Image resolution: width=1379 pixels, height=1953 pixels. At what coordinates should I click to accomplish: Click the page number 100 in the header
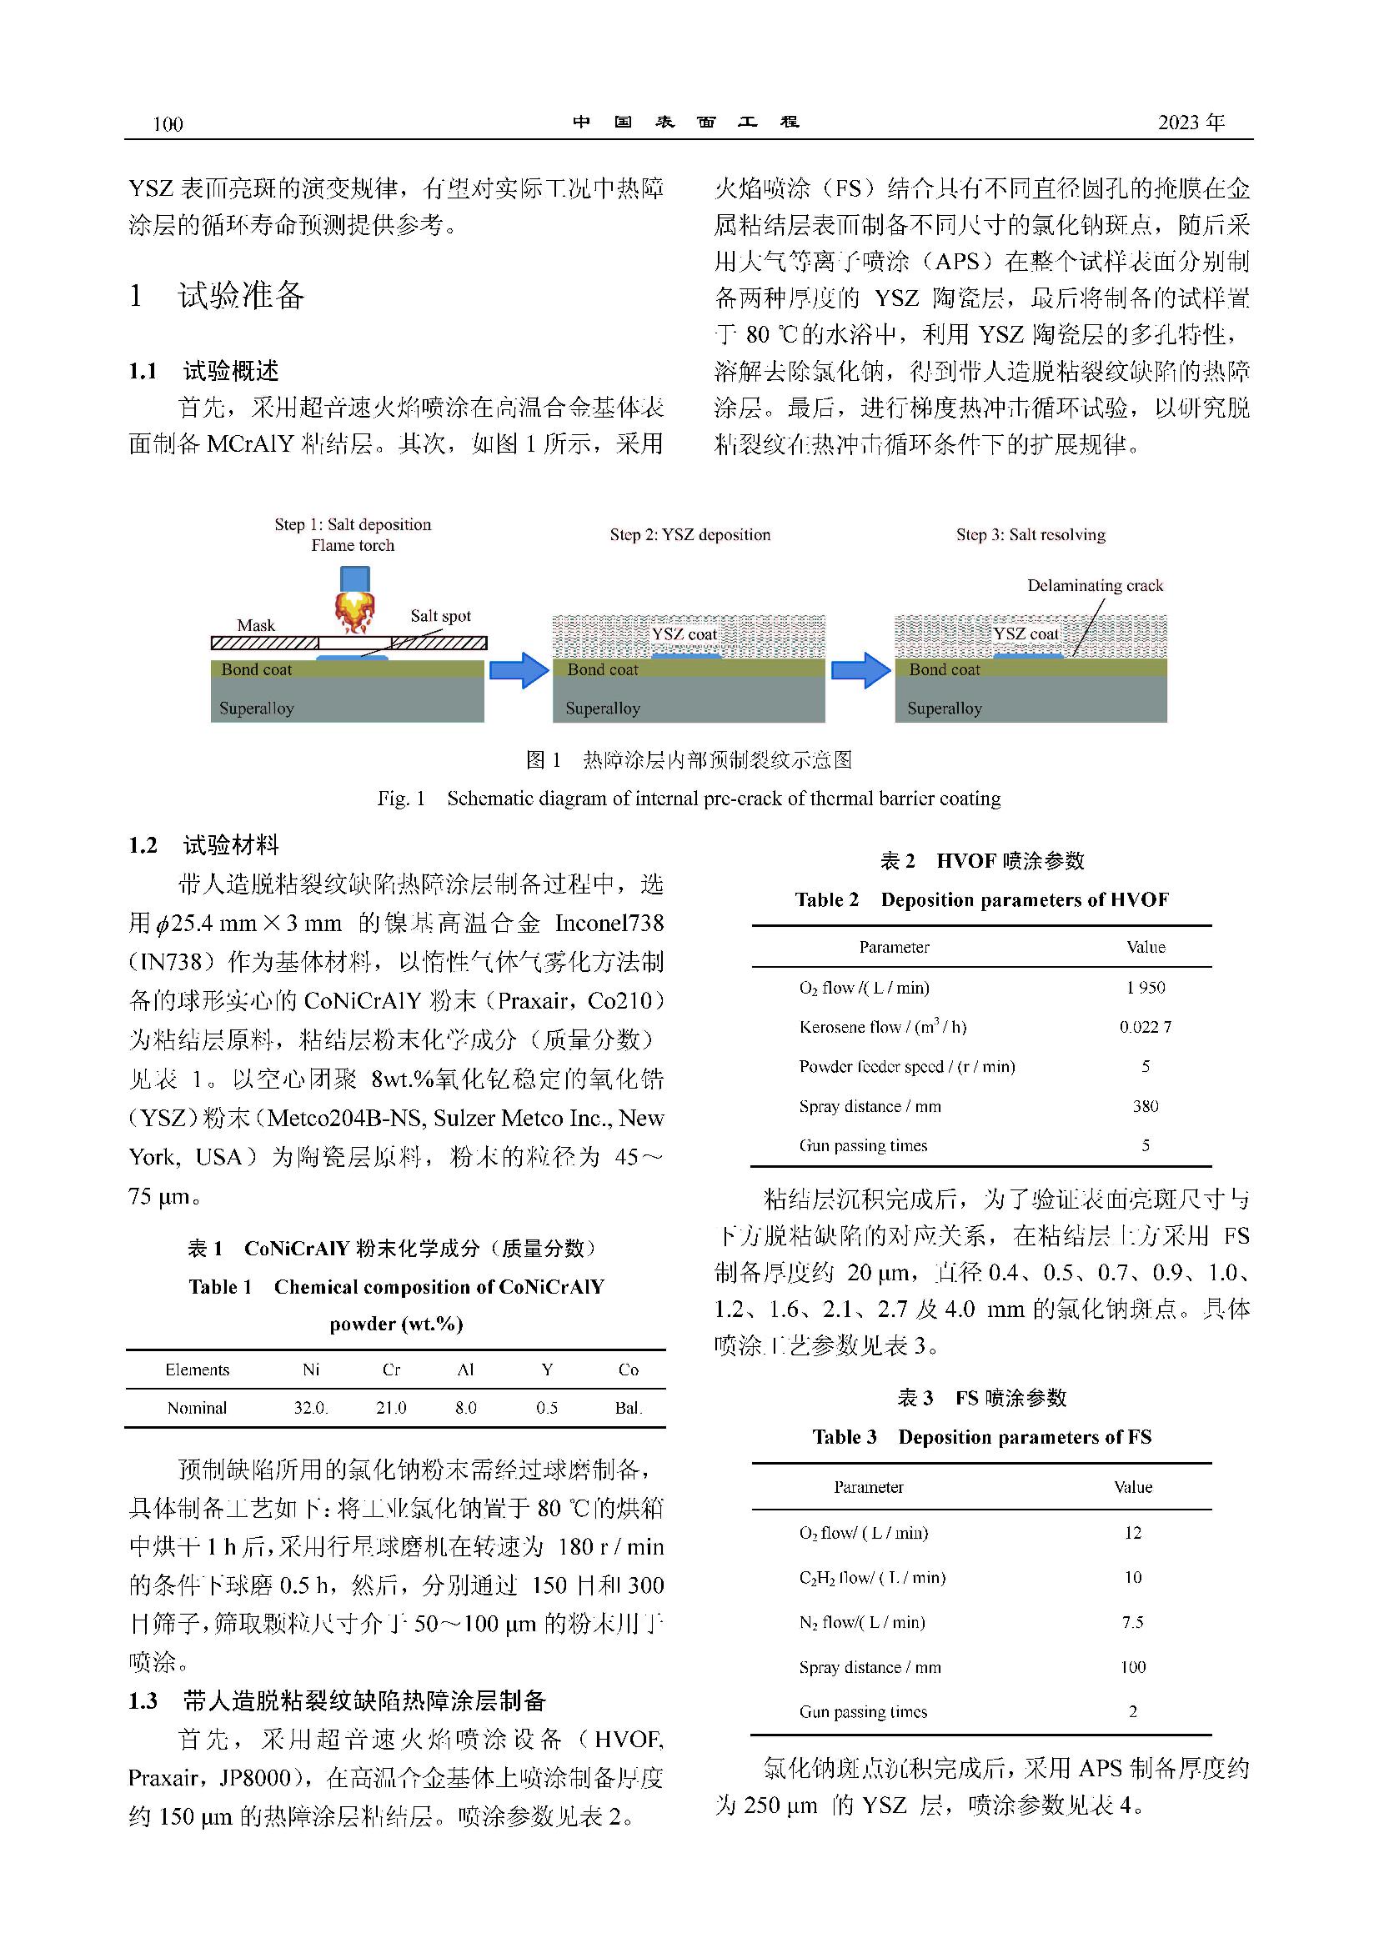[x=168, y=124]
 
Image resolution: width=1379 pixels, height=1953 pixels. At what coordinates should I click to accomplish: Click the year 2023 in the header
[x=1179, y=123]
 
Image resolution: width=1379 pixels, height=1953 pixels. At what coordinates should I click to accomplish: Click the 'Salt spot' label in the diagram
[x=440, y=616]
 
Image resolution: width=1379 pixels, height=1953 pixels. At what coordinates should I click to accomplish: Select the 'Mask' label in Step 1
[x=255, y=625]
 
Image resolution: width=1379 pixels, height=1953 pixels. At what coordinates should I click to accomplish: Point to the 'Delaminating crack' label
[x=1094, y=585]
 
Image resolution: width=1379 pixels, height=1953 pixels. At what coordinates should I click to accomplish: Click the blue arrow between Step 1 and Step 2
[x=519, y=670]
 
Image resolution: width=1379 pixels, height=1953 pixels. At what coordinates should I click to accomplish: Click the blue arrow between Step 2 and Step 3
[x=860, y=670]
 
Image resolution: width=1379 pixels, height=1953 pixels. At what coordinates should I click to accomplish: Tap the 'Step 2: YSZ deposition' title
[x=690, y=535]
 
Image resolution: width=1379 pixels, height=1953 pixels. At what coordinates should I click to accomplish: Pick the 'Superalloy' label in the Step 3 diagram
[x=944, y=709]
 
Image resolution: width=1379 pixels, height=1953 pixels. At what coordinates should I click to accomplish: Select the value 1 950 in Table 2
[x=1145, y=988]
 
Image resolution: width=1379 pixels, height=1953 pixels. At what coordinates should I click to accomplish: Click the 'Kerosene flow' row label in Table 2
[x=882, y=1027]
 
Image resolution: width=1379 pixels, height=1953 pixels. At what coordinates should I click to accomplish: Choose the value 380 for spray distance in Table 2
[x=1145, y=1106]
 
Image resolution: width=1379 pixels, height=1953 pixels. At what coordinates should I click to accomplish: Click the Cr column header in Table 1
[x=390, y=1370]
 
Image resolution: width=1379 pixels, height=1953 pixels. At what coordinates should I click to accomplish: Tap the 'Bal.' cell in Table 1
[x=628, y=1408]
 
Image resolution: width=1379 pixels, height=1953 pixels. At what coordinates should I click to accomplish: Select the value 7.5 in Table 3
[x=1132, y=1622]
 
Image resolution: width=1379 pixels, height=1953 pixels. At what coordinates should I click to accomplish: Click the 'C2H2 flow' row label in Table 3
[x=872, y=1578]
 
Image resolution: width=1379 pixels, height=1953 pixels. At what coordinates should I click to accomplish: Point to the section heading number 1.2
[x=143, y=844]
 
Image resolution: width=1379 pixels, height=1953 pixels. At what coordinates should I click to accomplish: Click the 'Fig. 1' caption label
[x=401, y=799]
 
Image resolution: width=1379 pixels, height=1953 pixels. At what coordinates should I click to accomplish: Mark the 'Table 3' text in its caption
[x=843, y=1437]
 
